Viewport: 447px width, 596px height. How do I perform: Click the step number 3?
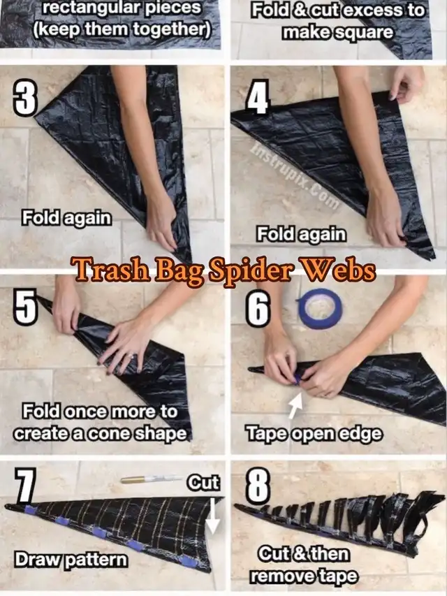[x=26, y=99]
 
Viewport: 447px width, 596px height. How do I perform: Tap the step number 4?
[x=258, y=97]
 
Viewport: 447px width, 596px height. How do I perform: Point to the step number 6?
[x=258, y=309]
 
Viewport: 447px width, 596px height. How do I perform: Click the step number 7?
[x=25, y=486]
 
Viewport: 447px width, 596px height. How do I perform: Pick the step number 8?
[x=258, y=486]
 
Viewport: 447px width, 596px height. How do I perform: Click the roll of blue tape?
[x=320, y=309]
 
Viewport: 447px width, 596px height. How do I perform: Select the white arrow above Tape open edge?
[x=295, y=406]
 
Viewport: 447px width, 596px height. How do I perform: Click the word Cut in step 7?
[x=203, y=483]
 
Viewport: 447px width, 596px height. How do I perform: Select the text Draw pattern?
[x=71, y=560]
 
